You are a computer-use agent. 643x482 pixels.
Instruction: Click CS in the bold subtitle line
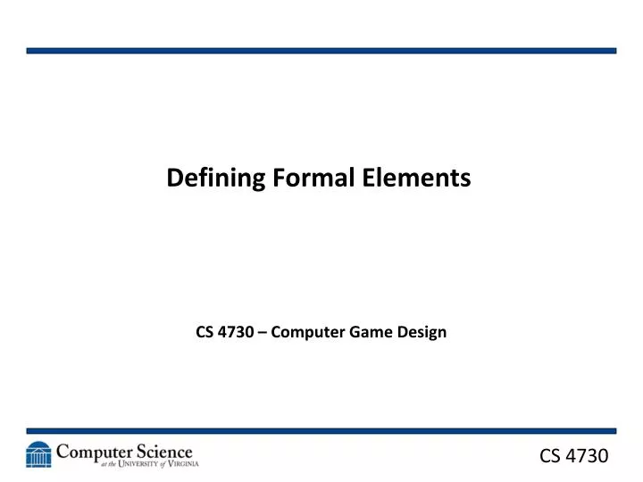click(x=205, y=333)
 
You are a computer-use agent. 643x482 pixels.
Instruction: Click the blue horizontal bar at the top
click(x=321, y=51)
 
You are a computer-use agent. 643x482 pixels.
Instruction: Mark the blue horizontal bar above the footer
click(x=321, y=430)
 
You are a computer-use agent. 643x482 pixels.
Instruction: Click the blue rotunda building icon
click(x=38, y=455)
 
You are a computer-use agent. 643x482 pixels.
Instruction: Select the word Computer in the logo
click(x=93, y=452)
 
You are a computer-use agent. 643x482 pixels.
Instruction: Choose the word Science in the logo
click(x=162, y=452)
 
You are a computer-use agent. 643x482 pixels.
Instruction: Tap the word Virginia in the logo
click(x=179, y=465)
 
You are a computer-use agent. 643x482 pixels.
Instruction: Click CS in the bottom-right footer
click(x=552, y=456)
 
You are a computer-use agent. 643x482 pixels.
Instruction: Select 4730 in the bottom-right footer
click(x=589, y=456)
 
